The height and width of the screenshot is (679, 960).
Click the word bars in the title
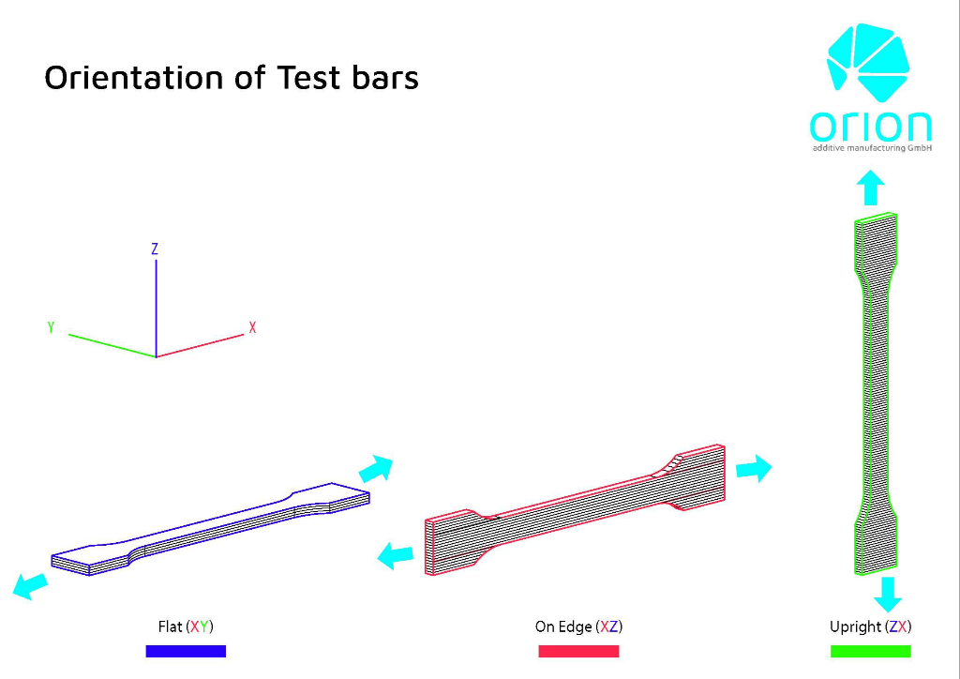coord(385,77)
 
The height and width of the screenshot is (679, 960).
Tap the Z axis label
coord(155,249)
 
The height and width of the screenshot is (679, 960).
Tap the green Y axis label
coord(51,327)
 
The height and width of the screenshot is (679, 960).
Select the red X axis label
coord(252,327)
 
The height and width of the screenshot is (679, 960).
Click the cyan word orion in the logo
coord(871,126)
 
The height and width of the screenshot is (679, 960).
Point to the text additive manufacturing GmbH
coord(872,148)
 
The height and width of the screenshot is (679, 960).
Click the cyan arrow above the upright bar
coord(870,188)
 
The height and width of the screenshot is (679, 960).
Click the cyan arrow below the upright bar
coord(888,594)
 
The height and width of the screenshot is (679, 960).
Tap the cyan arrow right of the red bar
coord(754,468)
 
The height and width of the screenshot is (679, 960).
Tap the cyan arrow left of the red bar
coord(396,556)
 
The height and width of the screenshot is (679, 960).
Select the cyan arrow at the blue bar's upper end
coord(376,469)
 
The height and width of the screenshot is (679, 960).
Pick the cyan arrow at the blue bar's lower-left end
coord(30,586)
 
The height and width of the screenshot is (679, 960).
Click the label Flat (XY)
coord(186,627)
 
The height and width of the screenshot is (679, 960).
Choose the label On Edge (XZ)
coord(578,627)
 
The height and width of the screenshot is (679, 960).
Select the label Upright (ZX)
coord(871,627)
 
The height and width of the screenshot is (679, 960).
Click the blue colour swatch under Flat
coord(186,652)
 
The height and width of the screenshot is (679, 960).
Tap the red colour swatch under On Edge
coord(578,652)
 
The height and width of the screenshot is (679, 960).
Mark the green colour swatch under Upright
coord(871,652)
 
